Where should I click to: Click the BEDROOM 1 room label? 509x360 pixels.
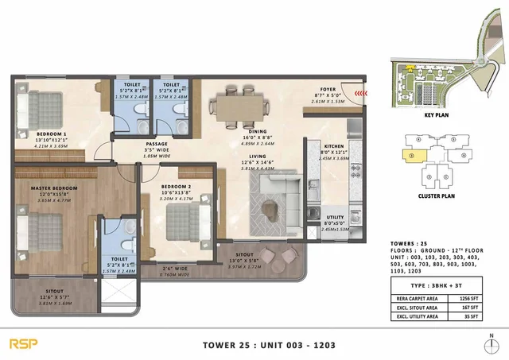(x=31, y=133)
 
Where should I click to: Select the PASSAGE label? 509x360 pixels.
(x=134, y=142)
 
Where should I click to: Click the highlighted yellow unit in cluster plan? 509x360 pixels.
(x=414, y=156)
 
